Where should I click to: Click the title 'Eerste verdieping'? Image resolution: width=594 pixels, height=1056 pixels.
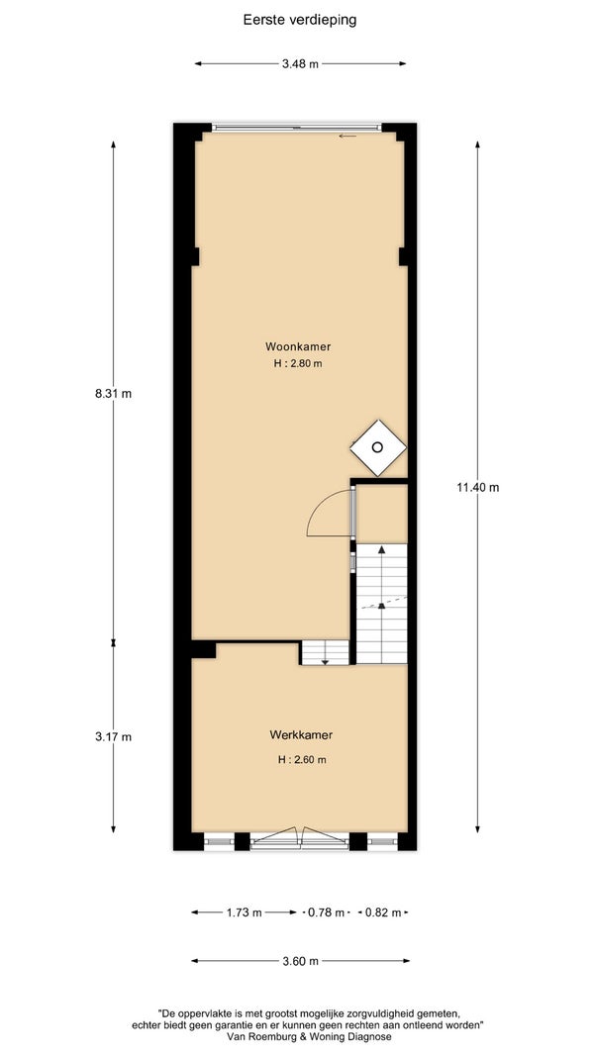pyautogui.click(x=300, y=20)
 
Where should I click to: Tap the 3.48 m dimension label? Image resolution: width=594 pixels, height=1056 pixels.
pyautogui.click(x=300, y=64)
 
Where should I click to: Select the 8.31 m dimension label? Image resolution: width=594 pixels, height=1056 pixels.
pyautogui.click(x=113, y=394)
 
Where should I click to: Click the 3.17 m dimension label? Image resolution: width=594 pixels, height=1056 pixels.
pyautogui.click(x=113, y=736)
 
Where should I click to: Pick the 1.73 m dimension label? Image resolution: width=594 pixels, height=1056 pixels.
pyautogui.click(x=244, y=913)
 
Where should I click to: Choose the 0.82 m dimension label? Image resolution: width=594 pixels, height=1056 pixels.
pyautogui.click(x=382, y=913)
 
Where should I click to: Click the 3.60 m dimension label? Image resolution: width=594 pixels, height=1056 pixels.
pyautogui.click(x=300, y=961)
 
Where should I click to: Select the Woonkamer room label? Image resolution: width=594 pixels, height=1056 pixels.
pyautogui.click(x=298, y=346)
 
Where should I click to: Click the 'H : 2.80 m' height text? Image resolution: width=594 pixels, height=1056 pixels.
pyautogui.click(x=298, y=364)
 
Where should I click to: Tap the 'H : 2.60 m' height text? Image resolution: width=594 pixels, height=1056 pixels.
pyautogui.click(x=302, y=760)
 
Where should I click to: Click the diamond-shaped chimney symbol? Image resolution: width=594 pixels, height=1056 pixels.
pyautogui.click(x=378, y=447)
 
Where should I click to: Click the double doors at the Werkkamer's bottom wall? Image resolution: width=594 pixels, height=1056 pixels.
pyautogui.click(x=300, y=837)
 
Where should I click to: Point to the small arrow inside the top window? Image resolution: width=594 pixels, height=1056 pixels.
pyautogui.click(x=347, y=136)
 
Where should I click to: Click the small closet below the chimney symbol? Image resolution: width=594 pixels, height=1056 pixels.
pyautogui.click(x=382, y=514)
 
